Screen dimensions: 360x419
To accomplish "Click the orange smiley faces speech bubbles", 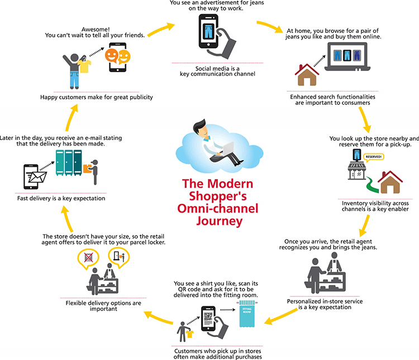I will tap(117, 56).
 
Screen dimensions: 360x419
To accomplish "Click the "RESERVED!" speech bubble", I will tap(374, 157).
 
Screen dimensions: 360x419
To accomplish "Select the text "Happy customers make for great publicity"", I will tap(96, 97).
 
